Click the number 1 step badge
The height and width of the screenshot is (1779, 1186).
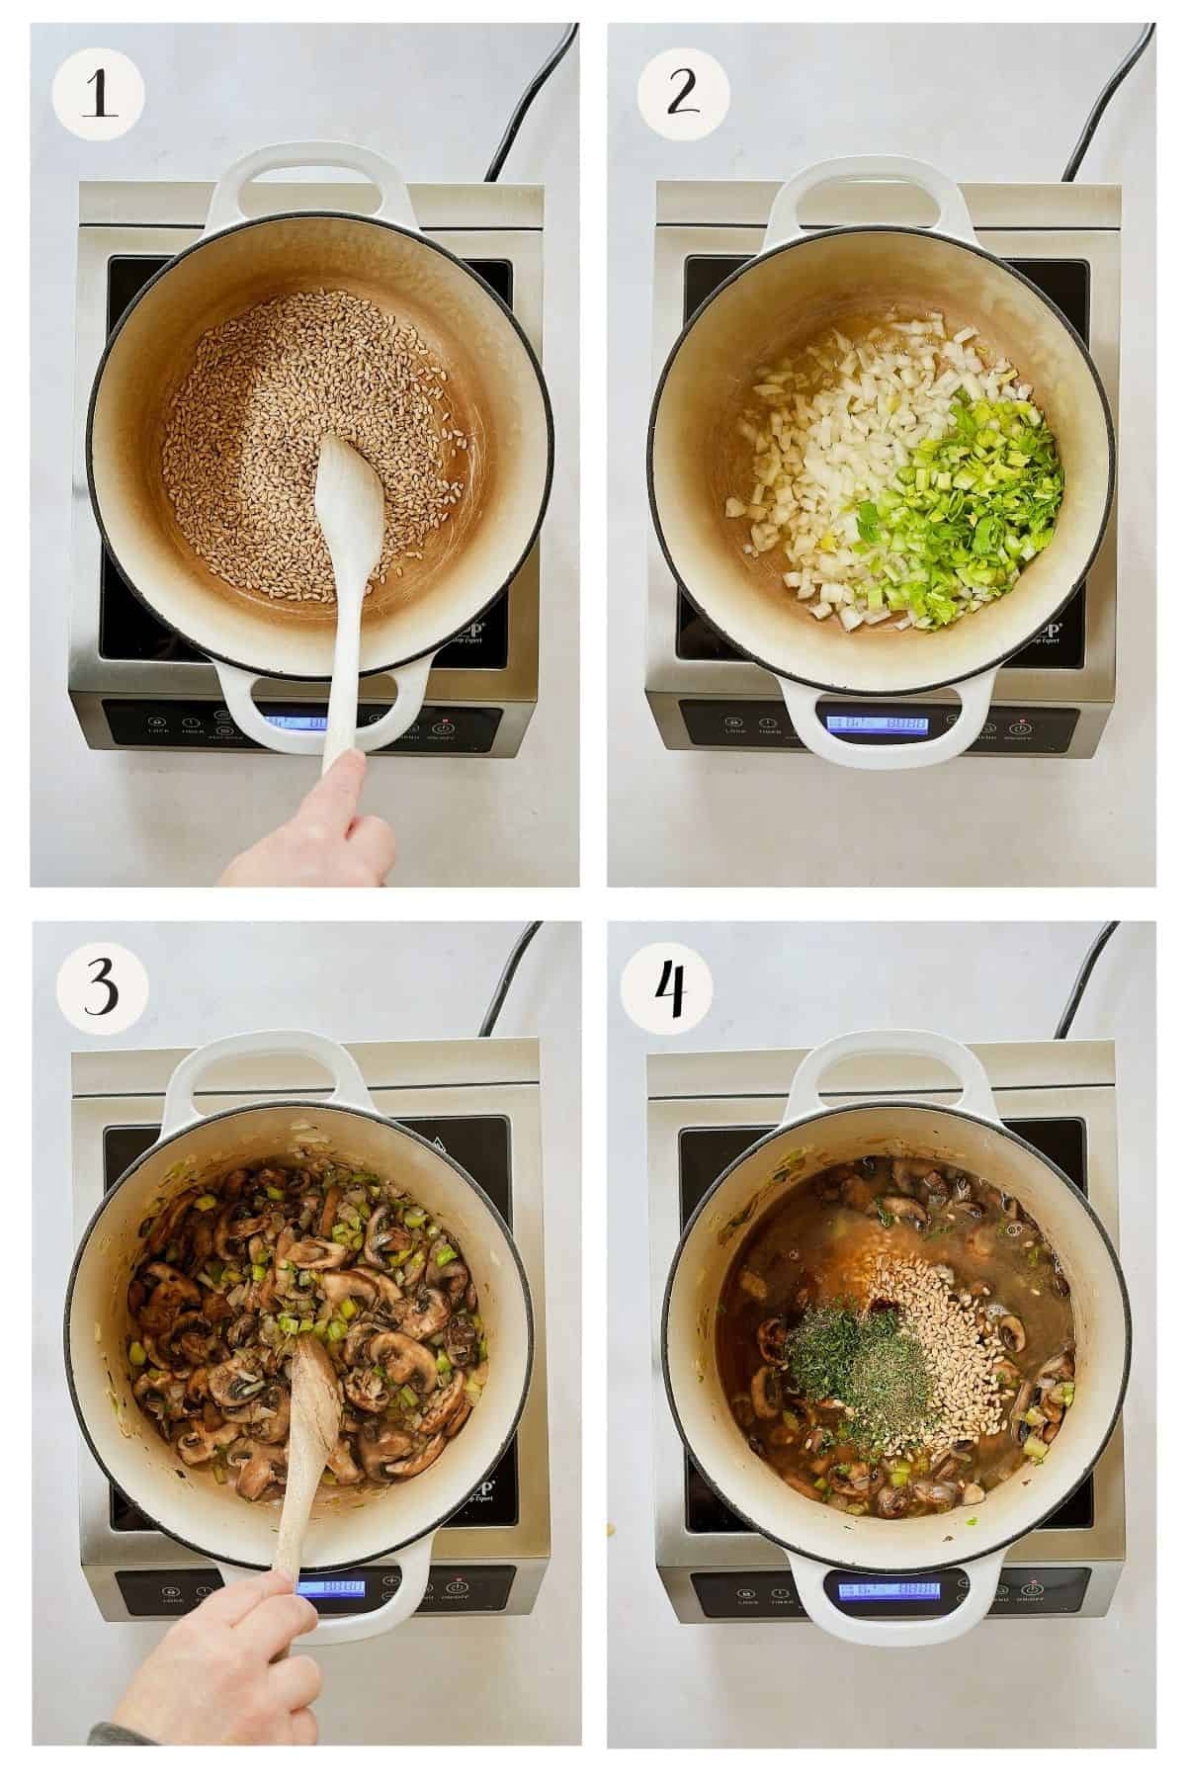pyautogui.click(x=99, y=96)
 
